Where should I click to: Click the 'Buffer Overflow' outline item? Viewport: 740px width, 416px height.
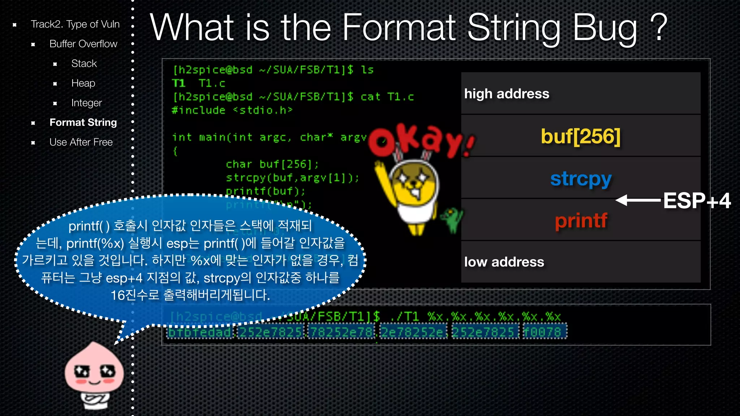(83, 44)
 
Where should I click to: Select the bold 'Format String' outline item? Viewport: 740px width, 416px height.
(83, 122)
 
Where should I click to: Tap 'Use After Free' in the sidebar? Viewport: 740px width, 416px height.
(81, 142)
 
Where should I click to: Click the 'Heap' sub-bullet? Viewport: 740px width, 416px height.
(83, 83)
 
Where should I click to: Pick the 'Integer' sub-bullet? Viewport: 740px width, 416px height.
(86, 103)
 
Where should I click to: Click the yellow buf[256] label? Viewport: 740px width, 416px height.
(580, 136)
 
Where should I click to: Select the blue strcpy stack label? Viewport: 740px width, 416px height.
(580, 178)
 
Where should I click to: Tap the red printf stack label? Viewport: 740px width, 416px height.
(581, 220)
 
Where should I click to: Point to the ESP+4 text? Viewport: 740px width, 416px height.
(697, 201)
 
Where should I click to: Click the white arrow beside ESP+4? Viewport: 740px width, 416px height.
(638, 200)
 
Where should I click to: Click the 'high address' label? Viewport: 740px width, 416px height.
(507, 94)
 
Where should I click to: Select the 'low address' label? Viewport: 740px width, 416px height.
(504, 262)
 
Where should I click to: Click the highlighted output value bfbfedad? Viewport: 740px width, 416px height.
(199, 332)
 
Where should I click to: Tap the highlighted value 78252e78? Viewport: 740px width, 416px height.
(341, 332)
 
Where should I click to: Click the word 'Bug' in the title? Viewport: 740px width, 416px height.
(605, 28)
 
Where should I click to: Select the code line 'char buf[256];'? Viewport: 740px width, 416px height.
(272, 164)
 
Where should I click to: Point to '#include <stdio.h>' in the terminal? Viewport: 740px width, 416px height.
(232, 110)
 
